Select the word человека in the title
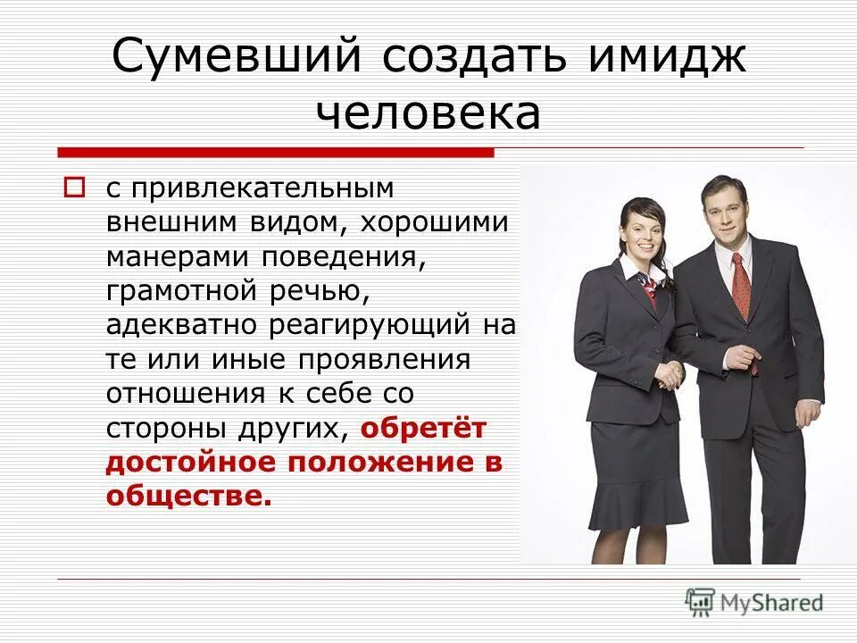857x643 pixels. tap(428, 113)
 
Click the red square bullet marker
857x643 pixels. tap(76, 188)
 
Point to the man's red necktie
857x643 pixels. tap(742, 286)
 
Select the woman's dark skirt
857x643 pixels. tap(637, 473)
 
